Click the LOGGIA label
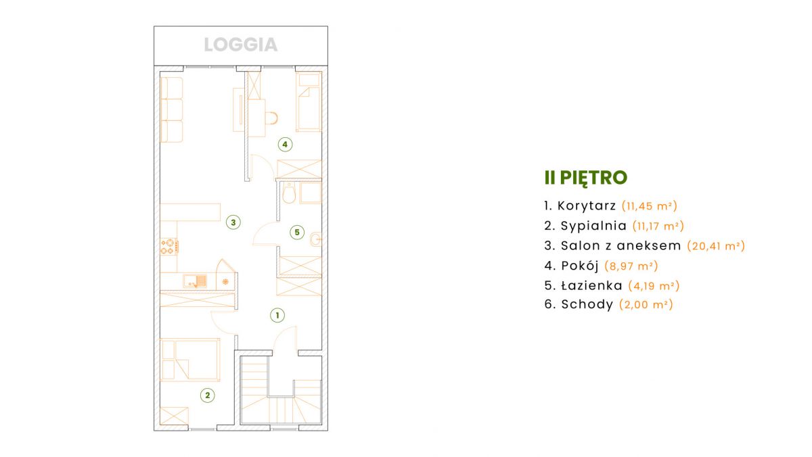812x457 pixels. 241,45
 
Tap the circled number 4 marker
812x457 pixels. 285,145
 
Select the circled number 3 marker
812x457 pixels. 233,222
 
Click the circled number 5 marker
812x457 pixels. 297,232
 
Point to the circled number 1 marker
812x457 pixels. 277,315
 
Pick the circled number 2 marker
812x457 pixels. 207,395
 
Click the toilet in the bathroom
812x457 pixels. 290,193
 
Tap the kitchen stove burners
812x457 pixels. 169,246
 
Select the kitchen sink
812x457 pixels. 195,281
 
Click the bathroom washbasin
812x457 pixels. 316,239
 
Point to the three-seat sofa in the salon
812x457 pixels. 171,110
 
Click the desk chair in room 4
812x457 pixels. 271,118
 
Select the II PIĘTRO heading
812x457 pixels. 586,177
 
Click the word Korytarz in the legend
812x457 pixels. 587,206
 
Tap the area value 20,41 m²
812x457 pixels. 716,246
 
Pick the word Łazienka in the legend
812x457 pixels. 591,285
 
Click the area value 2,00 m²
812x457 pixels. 646,304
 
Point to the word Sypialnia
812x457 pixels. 593,226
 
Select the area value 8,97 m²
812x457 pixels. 631,266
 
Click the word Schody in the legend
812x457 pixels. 587,304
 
